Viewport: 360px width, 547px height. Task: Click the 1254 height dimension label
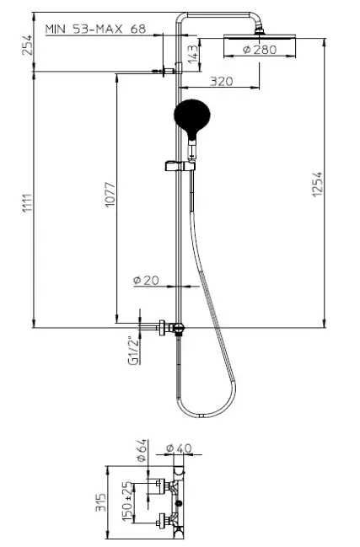click(318, 185)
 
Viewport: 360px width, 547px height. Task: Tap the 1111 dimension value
click(28, 203)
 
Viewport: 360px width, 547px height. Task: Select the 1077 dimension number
click(110, 195)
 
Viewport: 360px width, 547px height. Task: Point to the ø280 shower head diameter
click(260, 50)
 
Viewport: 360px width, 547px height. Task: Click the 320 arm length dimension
click(221, 81)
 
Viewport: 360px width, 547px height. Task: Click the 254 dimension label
click(27, 45)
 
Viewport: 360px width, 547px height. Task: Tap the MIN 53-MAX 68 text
click(95, 29)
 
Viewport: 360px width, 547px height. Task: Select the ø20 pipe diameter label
click(146, 280)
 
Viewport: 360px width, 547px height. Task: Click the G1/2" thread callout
click(134, 351)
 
